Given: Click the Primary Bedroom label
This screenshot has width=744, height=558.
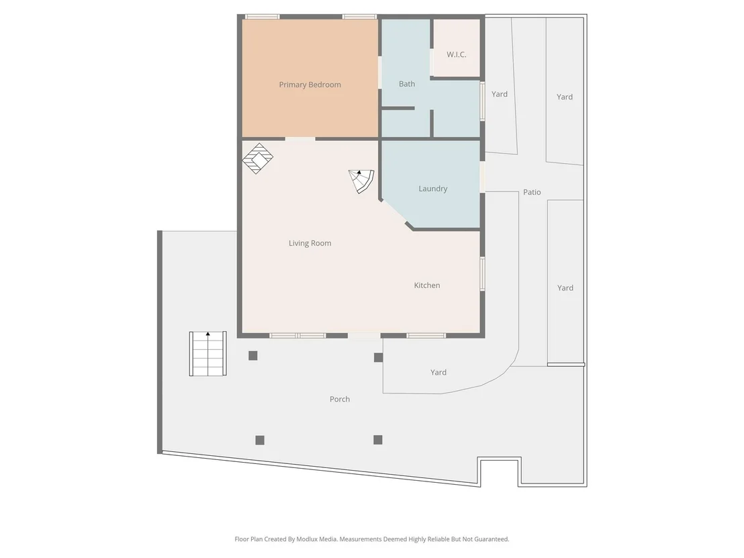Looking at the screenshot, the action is [x=310, y=85].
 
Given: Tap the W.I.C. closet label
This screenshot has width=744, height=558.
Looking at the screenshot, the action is [x=457, y=54].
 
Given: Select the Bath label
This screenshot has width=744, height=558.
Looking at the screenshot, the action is [x=407, y=84].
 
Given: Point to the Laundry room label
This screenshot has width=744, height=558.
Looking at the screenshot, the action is [x=432, y=189].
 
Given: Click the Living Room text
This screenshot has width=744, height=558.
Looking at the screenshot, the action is [x=310, y=243].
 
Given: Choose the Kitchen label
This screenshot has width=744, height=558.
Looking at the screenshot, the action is [x=427, y=285].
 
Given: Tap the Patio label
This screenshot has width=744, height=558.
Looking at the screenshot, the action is [x=532, y=192].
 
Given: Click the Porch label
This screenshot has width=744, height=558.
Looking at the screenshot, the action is [x=340, y=399].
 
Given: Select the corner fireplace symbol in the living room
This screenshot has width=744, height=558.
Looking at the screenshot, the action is [x=258, y=158].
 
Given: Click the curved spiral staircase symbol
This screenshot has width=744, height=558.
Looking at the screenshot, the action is [x=362, y=181].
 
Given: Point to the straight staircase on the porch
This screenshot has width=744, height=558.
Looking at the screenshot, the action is [x=208, y=353].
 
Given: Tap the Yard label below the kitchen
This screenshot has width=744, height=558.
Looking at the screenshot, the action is [x=438, y=373].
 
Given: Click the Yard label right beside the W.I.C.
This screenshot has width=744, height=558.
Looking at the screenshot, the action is [x=500, y=94].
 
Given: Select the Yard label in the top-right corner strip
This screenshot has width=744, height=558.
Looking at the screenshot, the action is [x=565, y=97].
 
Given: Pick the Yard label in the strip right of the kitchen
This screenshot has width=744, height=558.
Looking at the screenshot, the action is [x=565, y=288].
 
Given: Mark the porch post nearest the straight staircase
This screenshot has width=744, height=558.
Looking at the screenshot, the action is [x=253, y=356].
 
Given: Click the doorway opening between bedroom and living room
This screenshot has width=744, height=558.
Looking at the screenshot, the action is [x=300, y=139].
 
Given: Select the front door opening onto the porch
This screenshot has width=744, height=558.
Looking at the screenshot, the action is [x=365, y=336].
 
